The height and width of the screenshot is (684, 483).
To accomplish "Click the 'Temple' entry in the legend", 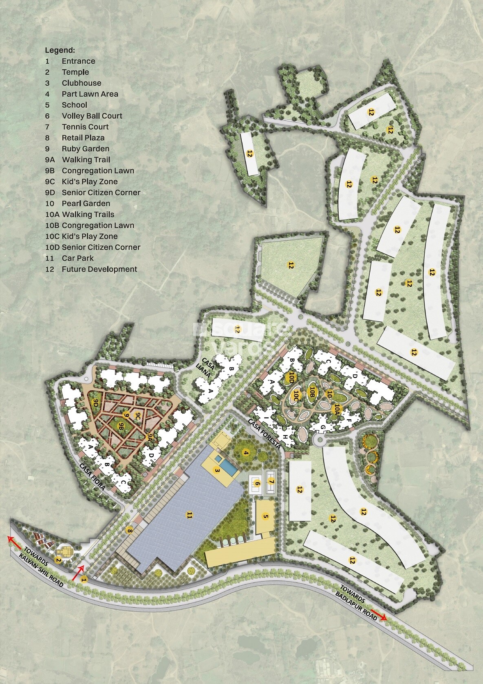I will point(75,72).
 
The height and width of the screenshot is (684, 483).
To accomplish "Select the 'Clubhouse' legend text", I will point(82,83).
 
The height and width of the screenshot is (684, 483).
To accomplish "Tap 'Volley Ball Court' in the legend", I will point(92,116).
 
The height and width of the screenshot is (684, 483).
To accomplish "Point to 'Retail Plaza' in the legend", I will point(83,138).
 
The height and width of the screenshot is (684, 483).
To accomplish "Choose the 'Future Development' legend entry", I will point(99,269).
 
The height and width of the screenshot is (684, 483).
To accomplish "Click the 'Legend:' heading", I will point(60,50).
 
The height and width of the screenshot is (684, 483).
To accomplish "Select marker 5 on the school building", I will point(266,517).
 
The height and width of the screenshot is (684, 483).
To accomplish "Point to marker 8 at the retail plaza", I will point(130,531).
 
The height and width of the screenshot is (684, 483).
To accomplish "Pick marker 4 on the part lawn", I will point(245,452).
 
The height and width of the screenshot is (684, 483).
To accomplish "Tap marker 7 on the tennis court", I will point(271,482).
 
